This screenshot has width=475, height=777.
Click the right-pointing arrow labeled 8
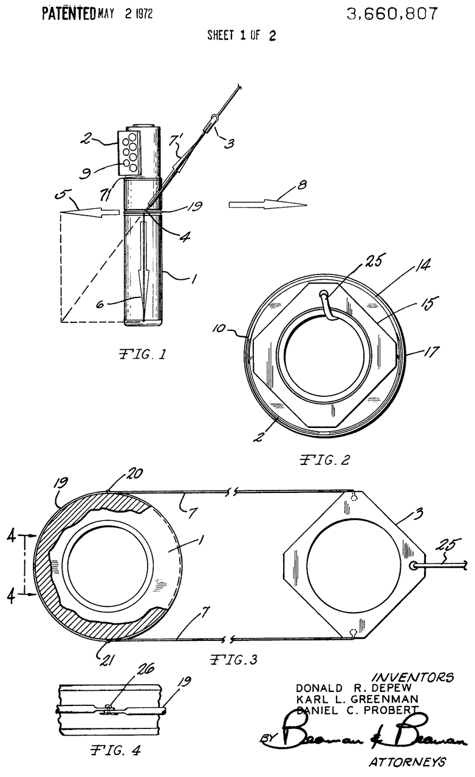coord(267,205)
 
